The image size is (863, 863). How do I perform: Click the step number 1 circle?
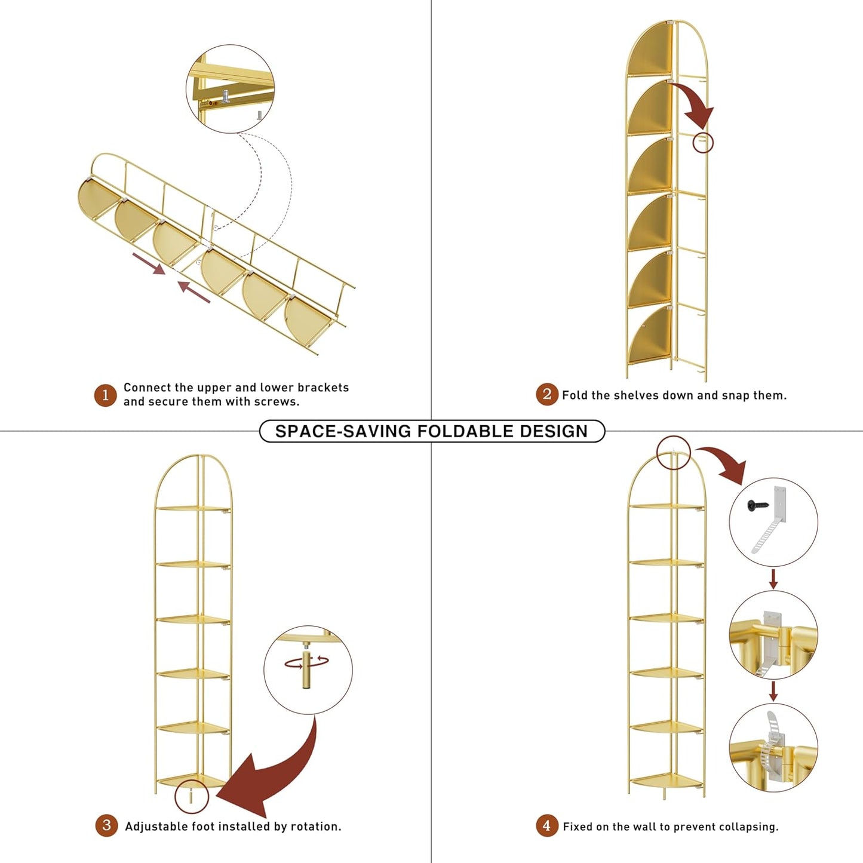pos(105,395)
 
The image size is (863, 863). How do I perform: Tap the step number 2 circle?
pos(547,394)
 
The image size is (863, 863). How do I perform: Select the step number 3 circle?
pos(106,825)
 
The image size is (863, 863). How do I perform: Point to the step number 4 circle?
pos(547,825)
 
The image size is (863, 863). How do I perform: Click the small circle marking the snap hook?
pos(703,143)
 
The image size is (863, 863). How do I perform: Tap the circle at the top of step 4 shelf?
pos(673,453)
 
